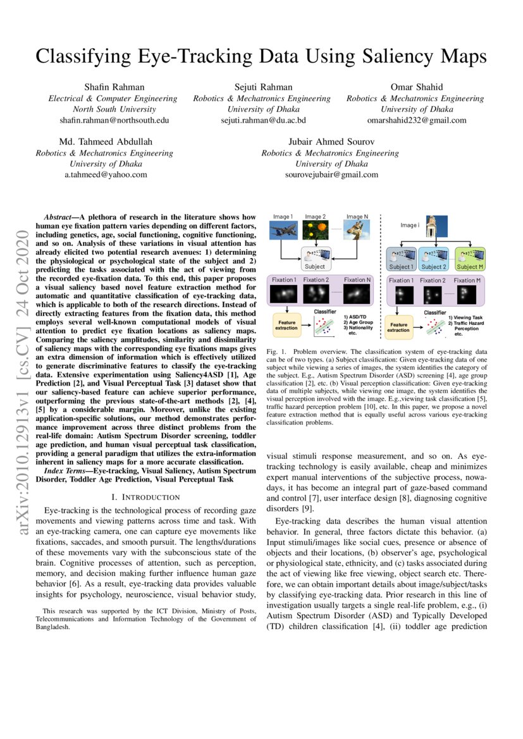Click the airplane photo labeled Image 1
(x=282, y=231)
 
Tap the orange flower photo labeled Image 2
(x=315, y=231)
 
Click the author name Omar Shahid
(x=415, y=87)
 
